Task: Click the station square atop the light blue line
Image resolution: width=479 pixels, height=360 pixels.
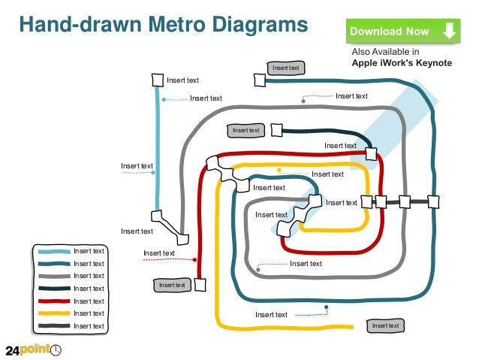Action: point(158,80)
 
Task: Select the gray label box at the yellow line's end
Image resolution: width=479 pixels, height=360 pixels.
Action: point(386,325)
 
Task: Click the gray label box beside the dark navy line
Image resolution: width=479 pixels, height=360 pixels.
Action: point(246,131)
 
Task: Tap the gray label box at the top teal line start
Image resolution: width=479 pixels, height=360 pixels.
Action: point(286,68)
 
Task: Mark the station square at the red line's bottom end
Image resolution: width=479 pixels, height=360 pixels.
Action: point(200,285)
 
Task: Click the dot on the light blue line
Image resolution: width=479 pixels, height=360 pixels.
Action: point(154,173)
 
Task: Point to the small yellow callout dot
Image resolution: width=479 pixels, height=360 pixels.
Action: point(279,171)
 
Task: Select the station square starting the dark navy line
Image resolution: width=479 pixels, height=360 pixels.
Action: point(276,130)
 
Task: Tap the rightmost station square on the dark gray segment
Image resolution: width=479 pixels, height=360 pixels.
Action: point(433,201)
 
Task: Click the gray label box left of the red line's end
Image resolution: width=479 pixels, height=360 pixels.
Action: point(172,285)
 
